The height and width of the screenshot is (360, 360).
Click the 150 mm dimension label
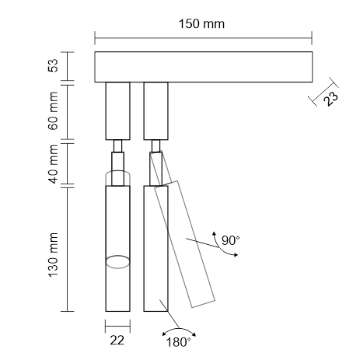201,24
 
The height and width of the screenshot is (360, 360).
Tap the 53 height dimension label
53,65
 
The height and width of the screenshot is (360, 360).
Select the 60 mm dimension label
53,110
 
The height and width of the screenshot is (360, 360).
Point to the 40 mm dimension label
53,164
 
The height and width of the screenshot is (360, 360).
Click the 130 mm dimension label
53,255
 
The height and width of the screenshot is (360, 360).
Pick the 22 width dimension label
117,340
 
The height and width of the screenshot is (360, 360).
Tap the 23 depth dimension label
331,99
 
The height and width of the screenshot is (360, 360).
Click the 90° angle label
231,240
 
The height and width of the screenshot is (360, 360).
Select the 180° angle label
178,342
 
